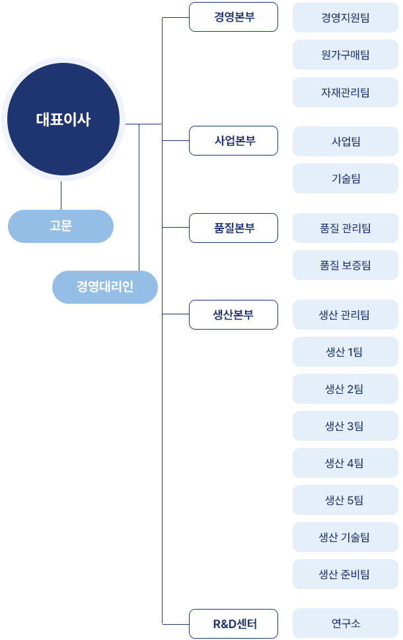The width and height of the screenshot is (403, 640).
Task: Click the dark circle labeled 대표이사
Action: coord(63,119)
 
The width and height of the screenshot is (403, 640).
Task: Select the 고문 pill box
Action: coord(61,226)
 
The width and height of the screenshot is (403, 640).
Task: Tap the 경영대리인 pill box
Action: coord(105,287)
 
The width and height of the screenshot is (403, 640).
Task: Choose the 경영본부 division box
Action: coord(233,17)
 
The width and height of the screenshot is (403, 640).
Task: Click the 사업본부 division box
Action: coord(233,141)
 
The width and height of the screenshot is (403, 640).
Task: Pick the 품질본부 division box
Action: coord(233,228)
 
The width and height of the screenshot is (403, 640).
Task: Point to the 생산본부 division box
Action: coord(233,314)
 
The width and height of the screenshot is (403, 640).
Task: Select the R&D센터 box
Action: coord(233,623)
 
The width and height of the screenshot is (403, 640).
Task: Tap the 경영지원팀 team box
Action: coord(346,18)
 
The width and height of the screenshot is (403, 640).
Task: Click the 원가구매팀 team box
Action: coord(346,55)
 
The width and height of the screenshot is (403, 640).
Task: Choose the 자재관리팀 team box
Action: coord(346,93)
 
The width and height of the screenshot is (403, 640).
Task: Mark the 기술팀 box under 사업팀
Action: coord(346,179)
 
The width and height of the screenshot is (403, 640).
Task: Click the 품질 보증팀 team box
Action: coord(346,265)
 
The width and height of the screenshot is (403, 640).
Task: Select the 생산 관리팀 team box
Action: coord(346,315)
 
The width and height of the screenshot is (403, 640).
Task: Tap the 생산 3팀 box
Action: coord(346,426)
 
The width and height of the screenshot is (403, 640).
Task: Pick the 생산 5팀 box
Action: coord(346,500)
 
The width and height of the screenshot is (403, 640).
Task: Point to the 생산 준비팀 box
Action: coord(346,574)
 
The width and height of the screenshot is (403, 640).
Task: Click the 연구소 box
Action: coord(346,623)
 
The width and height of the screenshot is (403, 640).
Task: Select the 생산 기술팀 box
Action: coord(346,537)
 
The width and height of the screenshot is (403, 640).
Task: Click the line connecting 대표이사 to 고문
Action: coord(61,196)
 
